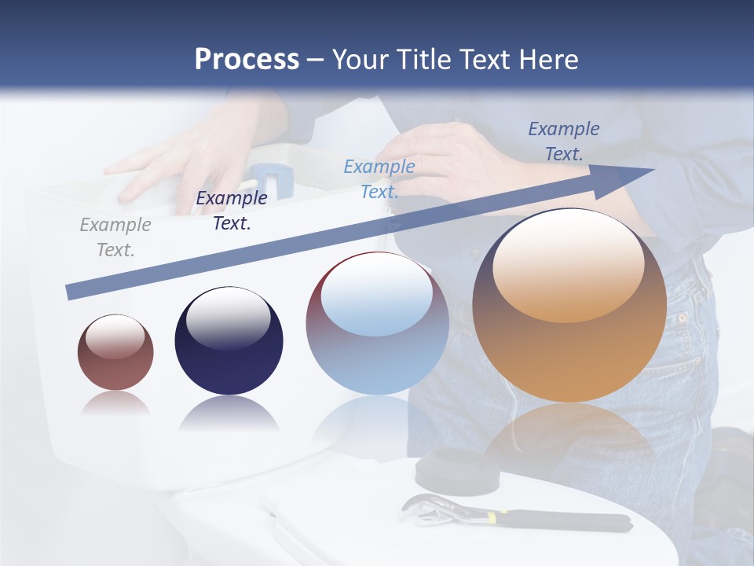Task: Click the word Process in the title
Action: (247, 60)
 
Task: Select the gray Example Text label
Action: (115, 237)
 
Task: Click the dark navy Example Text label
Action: (232, 211)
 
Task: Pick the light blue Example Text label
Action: (379, 178)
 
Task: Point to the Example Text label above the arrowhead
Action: (564, 141)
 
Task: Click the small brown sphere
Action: (115, 352)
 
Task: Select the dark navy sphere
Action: (229, 341)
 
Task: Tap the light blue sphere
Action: (377, 324)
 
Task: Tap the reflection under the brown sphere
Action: (115, 403)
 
